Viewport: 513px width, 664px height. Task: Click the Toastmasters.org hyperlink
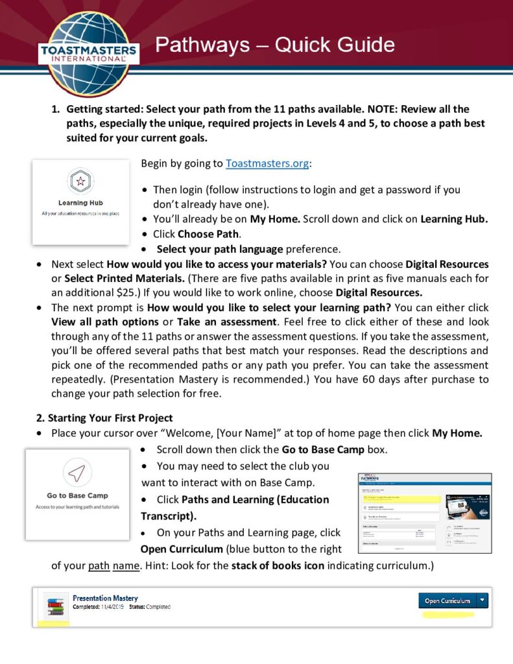pos(267,163)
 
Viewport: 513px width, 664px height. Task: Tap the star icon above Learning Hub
pos(80,181)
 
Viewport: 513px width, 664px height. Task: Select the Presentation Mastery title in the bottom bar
pos(105,598)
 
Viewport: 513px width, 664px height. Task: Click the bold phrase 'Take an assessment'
pos(218,322)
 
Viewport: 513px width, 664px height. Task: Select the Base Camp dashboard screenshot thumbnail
pos(424,512)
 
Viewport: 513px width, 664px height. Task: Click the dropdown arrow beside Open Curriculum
pos(482,600)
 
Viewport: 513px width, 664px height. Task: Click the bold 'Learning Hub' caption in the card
pos(80,203)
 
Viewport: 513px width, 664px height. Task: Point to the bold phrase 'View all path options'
pos(105,322)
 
